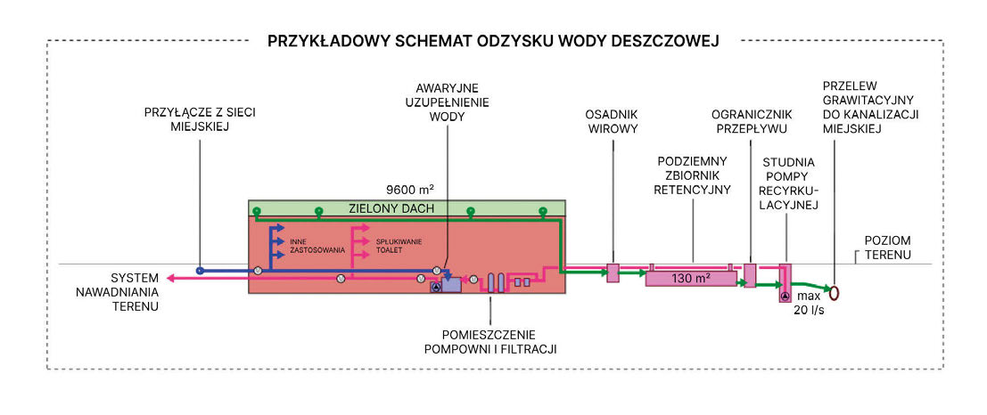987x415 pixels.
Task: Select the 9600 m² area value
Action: [409, 190]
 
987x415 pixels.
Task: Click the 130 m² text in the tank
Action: [691, 279]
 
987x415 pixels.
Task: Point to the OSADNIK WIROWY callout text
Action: [611, 122]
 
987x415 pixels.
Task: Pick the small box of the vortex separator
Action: [613, 273]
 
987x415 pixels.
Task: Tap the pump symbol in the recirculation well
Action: [785, 295]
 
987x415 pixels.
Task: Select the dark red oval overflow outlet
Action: [837, 291]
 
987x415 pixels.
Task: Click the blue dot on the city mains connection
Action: [201, 270]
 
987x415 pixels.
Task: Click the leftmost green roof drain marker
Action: [256, 211]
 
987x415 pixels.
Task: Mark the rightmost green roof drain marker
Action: [541, 211]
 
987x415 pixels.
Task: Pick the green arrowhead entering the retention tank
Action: [639, 274]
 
